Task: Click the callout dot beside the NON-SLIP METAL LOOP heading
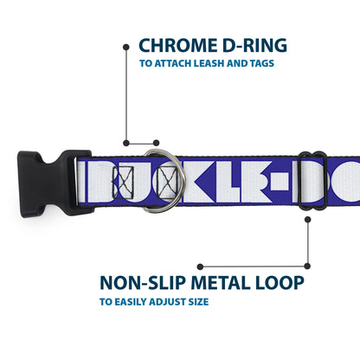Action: [x=200, y=267]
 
